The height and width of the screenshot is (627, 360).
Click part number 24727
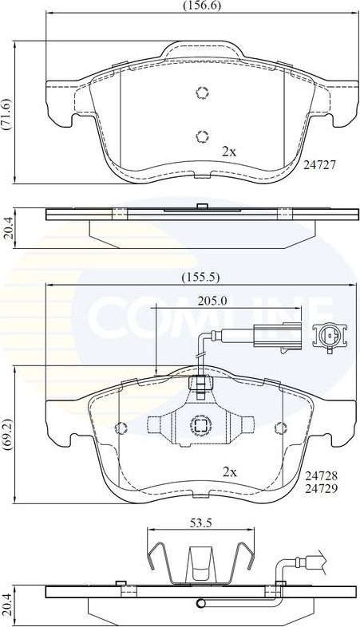(x=320, y=165)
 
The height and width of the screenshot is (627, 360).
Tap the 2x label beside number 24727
(x=230, y=150)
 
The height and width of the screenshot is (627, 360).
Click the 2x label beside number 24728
(x=230, y=472)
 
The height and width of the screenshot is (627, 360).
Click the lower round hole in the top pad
(x=201, y=135)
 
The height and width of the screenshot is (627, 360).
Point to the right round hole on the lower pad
(x=281, y=426)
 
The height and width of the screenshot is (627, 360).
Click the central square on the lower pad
(x=200, y=426)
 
